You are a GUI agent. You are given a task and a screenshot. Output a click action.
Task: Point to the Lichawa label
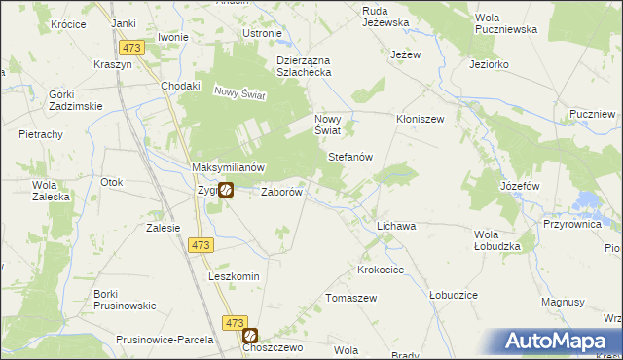click(x=396, y=226)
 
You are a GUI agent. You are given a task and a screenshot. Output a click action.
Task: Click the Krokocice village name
click(x=381, y=269)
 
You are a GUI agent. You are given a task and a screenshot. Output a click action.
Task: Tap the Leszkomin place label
click(x=234, y=276)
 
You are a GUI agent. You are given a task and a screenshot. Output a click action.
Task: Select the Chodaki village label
click(x=181, y=85)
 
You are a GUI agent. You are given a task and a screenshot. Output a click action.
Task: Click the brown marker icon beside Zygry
click(x=226, y=191)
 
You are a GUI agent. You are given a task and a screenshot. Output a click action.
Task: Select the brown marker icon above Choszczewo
click(x=250, y=336)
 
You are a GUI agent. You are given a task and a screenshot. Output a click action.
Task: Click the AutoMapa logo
click(x=560, y=342)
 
